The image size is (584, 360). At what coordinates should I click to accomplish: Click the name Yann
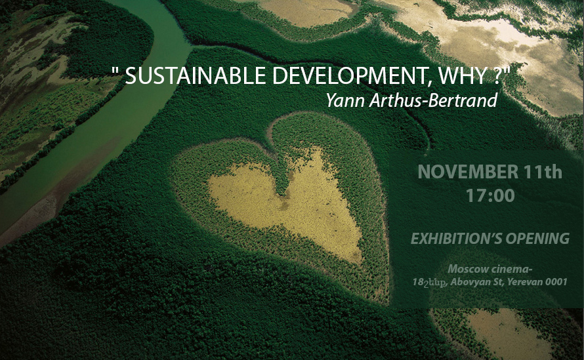(x=346, y=100)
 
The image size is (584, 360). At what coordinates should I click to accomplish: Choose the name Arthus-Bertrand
(x=434, y=100)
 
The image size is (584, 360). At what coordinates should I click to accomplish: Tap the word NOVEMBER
(x=468, y=172)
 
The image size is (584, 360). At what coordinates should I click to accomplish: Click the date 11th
(x=543, y=171)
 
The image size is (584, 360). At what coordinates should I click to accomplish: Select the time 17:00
(x=490, y=195)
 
